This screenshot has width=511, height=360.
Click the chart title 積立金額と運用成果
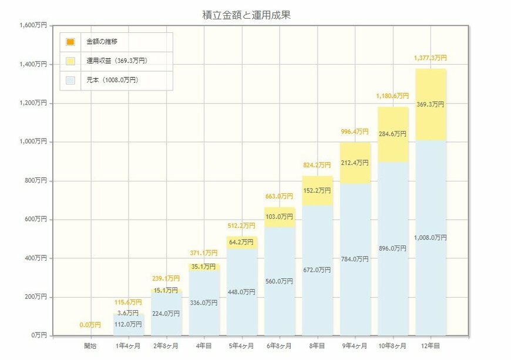246,15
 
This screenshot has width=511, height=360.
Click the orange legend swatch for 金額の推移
70,42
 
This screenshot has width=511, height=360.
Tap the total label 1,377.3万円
431,58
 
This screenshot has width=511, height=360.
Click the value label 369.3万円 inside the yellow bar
431,105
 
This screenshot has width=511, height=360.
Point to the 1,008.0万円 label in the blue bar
431,238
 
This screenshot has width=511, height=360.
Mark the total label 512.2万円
241,226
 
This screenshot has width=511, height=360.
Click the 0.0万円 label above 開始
90,325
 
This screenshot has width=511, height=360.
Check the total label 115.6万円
128,302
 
